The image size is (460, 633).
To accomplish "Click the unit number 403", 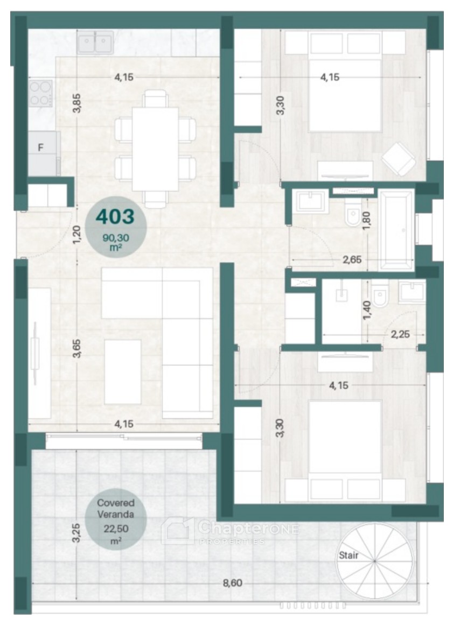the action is coord(115,217).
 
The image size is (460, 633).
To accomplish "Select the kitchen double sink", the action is coord(95,43).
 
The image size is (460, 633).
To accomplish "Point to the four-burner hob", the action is coord(40,93).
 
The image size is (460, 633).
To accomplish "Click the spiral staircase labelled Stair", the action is coord(375,561).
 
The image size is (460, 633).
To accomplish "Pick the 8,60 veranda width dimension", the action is coord(232,583).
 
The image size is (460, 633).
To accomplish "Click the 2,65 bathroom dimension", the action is coord(352,259).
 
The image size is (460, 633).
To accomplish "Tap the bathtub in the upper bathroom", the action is coord(397,230).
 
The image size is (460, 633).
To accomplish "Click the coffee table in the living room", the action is coord(123,371).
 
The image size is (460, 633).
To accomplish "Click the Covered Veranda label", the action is coord(115,509).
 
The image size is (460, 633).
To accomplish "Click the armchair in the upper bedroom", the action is coord(399,159).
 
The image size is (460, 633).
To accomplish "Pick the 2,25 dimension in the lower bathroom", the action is coord(400,334).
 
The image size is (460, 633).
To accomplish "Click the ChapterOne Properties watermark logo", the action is coord(230,531).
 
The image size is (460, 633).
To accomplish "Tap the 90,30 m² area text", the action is coord(115,243).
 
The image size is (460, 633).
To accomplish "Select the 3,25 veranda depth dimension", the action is coord(76,533).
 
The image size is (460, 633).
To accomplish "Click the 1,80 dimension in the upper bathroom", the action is coord(367,221).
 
